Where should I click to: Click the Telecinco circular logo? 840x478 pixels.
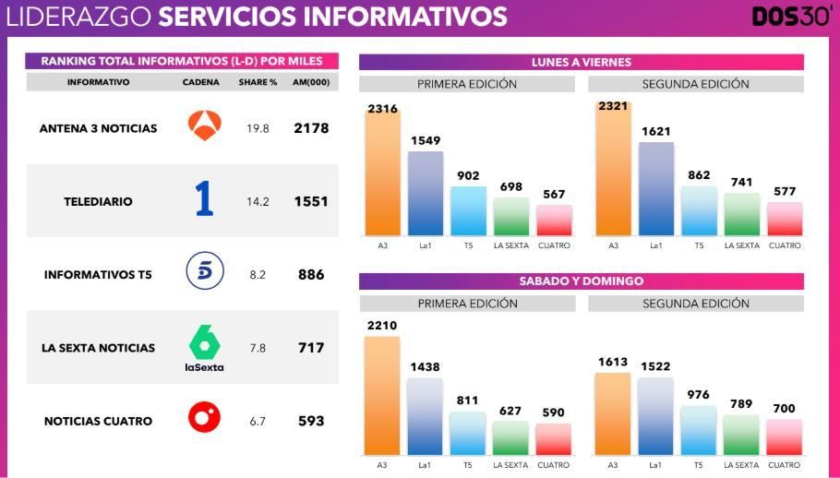(204, 272)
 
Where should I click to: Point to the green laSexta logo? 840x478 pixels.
(204, 348)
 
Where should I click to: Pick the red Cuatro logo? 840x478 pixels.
(204, 418)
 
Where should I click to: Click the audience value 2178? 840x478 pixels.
(311, 128)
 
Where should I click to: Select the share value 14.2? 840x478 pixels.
(258, 201)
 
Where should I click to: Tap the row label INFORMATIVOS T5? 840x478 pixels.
(98, 274)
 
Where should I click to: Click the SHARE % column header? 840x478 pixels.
(258, 82)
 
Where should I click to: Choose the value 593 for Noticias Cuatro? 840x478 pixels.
(311, 421)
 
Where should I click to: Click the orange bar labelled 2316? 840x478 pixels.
(382, 175)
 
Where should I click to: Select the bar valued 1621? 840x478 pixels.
(655, 189)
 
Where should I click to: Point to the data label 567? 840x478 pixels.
(554, 194)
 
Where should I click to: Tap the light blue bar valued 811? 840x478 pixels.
(468, 433)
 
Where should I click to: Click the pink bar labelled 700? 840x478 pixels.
(784, 436)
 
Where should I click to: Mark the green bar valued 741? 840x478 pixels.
(741, 214)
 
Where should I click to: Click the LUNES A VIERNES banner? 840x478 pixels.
(581, 62)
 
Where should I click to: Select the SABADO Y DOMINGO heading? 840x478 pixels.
(581, 281)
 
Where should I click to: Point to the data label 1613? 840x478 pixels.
(613, 363)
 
